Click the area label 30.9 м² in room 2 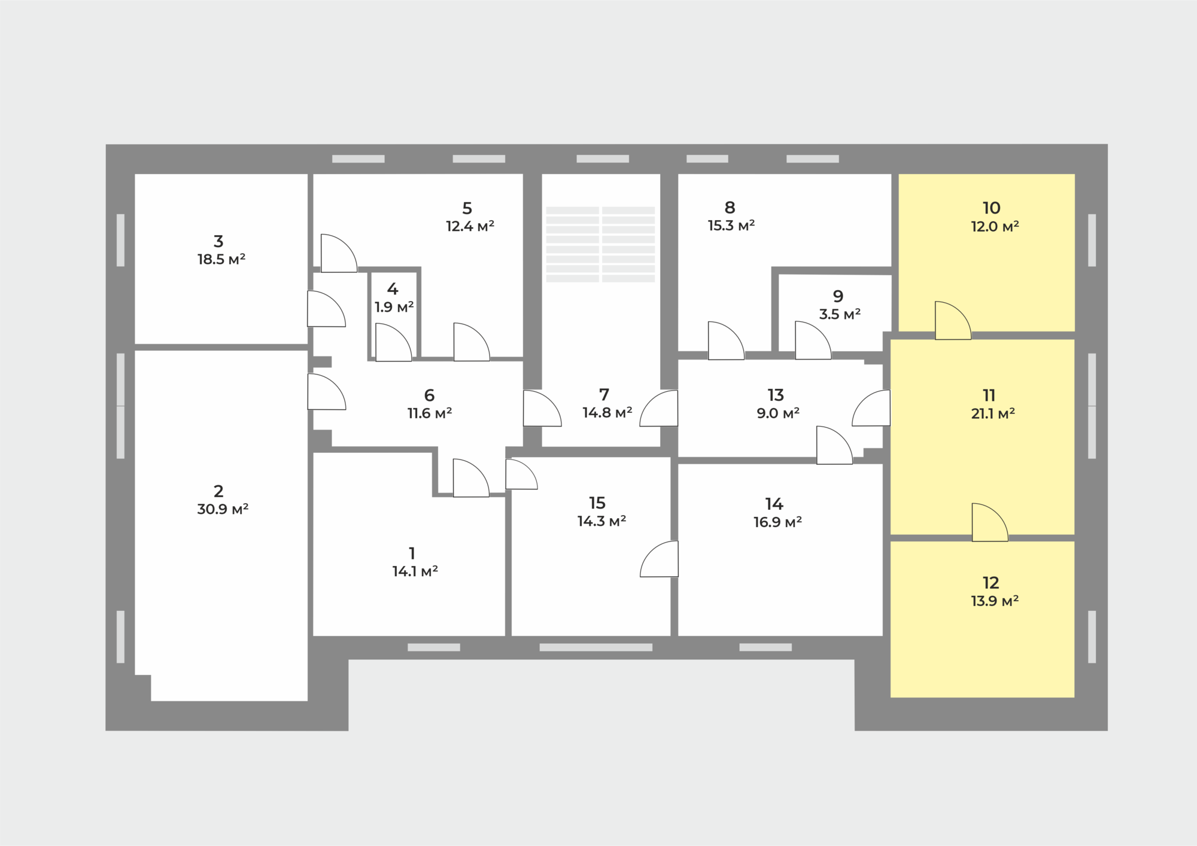point(223,509)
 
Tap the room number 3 point(218,241)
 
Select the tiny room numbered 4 point(393,314)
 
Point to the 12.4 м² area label point(470,226)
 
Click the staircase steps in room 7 point(600,244)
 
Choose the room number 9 point(838,296)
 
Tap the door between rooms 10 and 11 point(953,321)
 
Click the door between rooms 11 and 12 point(990,522)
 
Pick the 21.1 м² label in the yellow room point(993,413)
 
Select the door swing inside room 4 point(393,342)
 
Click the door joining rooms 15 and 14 point(659,559)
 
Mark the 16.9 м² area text point(777,522)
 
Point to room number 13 point(776,395)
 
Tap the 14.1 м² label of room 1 point(415,571)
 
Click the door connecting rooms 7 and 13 point(658,408)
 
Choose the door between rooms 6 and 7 point(542,408)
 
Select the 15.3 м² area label point(731,226)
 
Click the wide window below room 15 point(596,647)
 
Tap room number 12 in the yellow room point(991,583)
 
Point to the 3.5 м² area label point(840,314)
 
